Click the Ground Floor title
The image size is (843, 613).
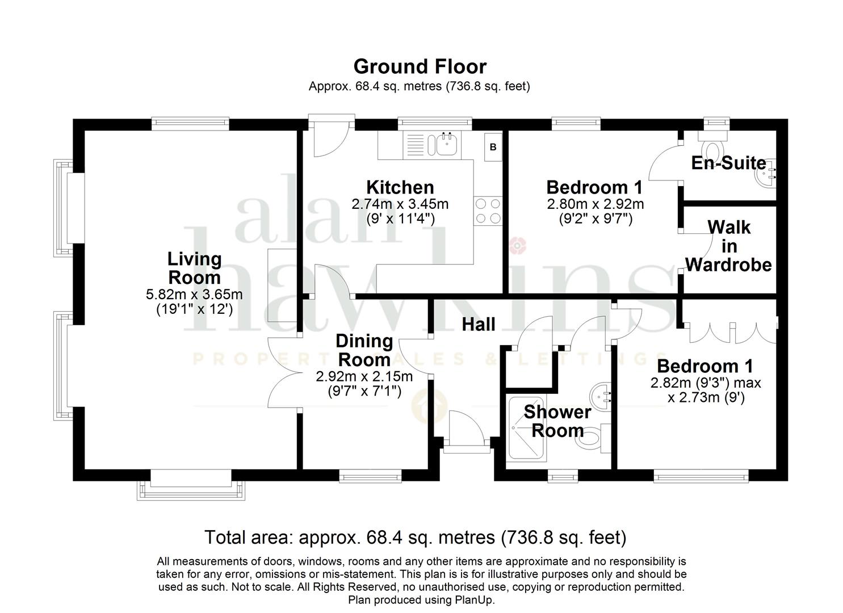(x=420, y=66)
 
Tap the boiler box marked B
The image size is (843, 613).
(x=493, y=147)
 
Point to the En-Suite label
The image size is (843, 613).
(x=728, y=163)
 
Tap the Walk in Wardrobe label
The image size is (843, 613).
(x=728, y=246)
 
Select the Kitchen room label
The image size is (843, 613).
(x=400, y=187)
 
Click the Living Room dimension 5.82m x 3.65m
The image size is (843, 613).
(x=194, y=294)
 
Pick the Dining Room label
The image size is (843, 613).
(x=364, y=350)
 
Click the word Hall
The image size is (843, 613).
(x=479, y=324)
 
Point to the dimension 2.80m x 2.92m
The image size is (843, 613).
(x=595, y=204)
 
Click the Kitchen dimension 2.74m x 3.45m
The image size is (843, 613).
(x=400, y=204)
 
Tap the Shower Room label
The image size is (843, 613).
(x=557, y=421)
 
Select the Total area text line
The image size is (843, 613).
(x=415, y=538)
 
